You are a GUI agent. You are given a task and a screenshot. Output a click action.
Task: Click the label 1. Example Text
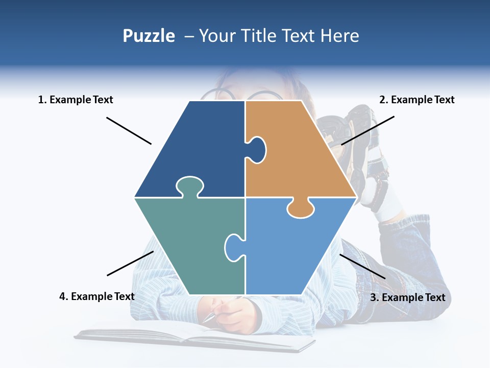[76, 100]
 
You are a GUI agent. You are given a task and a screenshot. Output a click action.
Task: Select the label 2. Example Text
[416, 100]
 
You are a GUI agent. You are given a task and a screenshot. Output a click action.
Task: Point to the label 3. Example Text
[407, 297]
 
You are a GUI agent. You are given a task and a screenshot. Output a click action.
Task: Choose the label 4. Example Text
[97, 296]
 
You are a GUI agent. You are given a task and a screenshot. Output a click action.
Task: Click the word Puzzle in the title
[149, 36]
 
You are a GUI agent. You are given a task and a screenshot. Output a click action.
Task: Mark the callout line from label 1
[129, 131]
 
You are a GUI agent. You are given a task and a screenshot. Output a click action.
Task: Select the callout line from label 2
[367, 130]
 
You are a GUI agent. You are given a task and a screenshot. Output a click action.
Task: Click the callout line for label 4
[130, 263]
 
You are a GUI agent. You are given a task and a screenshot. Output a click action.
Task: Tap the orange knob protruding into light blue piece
[300, 209]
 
